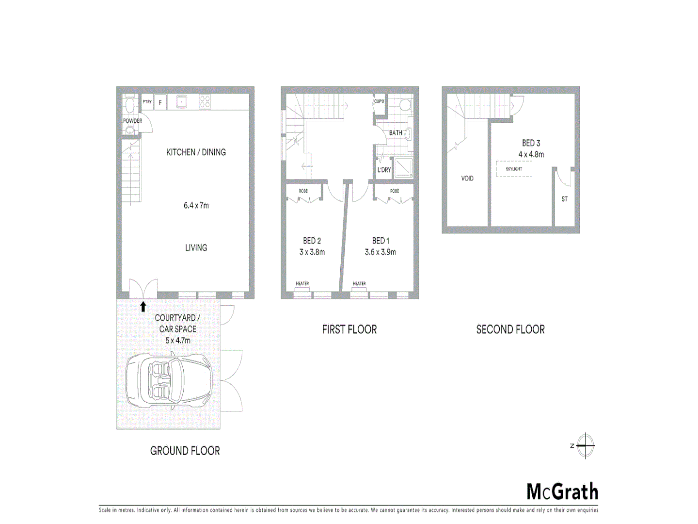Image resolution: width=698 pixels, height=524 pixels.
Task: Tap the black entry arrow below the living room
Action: point(143,306)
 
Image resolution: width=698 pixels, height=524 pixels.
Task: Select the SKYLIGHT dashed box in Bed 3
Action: point(514,169)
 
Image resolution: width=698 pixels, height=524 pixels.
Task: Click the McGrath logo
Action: point(562,491)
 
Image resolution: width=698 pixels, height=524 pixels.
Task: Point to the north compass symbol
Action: point(585,445)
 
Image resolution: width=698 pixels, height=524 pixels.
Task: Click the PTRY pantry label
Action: point(147,102)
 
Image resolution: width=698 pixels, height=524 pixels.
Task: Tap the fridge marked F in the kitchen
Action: point(160,102)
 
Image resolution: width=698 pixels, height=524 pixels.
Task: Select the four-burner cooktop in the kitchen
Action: point(205,101)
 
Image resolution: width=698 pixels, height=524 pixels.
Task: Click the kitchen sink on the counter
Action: point(182,101)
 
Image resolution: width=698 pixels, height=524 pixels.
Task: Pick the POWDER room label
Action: point(132,121)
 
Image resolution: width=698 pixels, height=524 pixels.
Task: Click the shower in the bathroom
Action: point(403,167)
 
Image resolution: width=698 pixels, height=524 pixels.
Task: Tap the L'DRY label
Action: point(384,170)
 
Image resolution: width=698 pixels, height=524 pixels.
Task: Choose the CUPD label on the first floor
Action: point(379,101)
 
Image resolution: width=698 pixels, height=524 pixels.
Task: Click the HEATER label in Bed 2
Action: point(302,283)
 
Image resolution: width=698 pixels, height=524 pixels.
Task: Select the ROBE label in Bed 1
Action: point(395,191)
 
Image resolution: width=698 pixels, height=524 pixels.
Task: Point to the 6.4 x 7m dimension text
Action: point(196,205)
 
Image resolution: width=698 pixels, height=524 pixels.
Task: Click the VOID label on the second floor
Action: point(467,179)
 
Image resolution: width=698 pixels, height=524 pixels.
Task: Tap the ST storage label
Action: point(564,199)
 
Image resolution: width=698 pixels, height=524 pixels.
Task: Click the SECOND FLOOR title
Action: point(510,329)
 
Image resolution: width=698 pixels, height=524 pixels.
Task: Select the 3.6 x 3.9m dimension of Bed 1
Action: point(381,252)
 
